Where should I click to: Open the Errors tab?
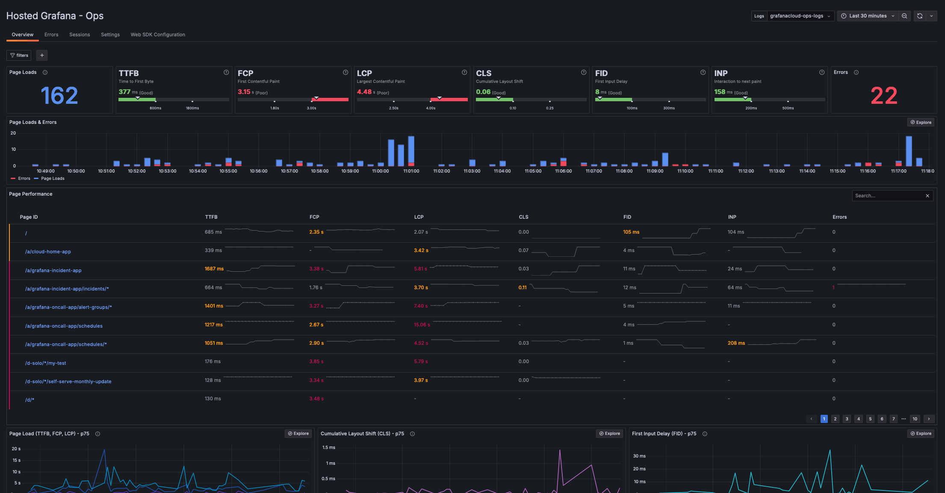coord(51,35)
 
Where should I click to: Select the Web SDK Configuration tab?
coord(158,35)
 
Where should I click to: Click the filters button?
coord(19,55)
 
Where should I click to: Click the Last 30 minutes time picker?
coord(868,16)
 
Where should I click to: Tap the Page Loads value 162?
coord(59,95)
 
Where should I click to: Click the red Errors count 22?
coord(884,96)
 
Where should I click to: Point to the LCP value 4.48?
coord(364,92)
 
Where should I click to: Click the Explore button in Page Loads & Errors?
coord(921,122)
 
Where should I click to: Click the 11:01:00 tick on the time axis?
coord(411,171)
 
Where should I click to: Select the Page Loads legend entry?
coord(53,179)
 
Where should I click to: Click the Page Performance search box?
coord(889,196)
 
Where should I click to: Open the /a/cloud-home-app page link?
coord(48,252)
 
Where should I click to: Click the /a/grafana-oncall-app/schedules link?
coord(64,326)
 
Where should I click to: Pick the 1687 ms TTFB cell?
coord(214,269)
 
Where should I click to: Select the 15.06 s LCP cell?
coord(422,325)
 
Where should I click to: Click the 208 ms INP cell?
coord(736,343)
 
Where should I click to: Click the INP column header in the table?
coord(732,217)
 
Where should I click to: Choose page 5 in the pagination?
coord(870,419)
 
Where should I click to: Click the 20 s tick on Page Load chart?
coord(16,449)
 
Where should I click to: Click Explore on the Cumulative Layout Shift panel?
coord(609,434)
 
